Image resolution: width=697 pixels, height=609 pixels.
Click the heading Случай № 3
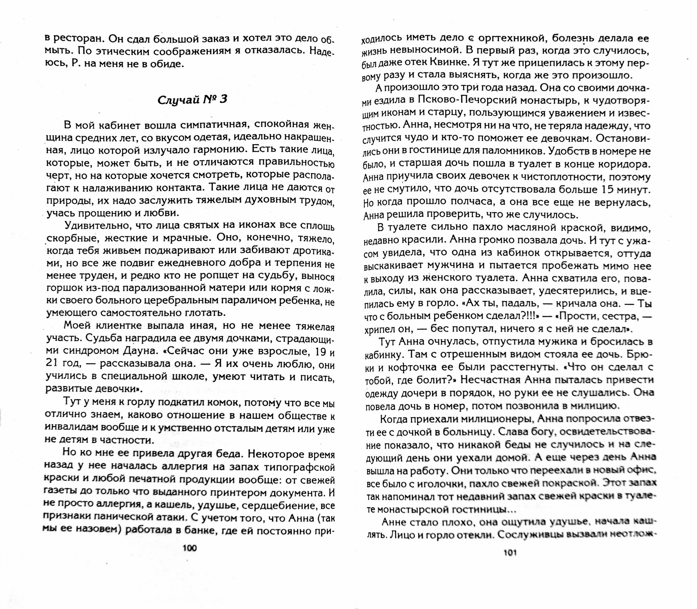192,100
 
